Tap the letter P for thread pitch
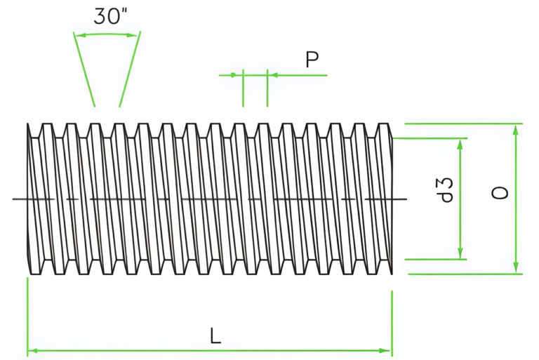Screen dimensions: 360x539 pyautogui.click(x=312, y=60)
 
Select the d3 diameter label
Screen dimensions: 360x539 pyautogui.click(x=444, y=190)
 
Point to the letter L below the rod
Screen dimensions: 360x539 pyautogui.click(x=215, y=336)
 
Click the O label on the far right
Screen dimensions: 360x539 pyautogui.click(x=500, y=192)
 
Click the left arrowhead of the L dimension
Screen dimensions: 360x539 pyautogui.click(x=31, y=349)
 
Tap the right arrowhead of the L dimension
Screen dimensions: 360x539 pyautogui.click(x=387, y=349)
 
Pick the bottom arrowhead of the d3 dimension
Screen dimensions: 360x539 pyautogui.click(x=460, y=254)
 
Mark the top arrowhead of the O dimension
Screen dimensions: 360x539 pyautogui.click(x=516, y=130)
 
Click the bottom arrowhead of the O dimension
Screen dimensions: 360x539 pyautogui.click(x=516, y=268)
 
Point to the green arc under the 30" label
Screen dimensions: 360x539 pyautogui.click(x=107, y=34)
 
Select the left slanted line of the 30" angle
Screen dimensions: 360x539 pyautogui.click(x=85, y=70)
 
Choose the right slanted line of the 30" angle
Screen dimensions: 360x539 pyautogui.click(x=129, y=70)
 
